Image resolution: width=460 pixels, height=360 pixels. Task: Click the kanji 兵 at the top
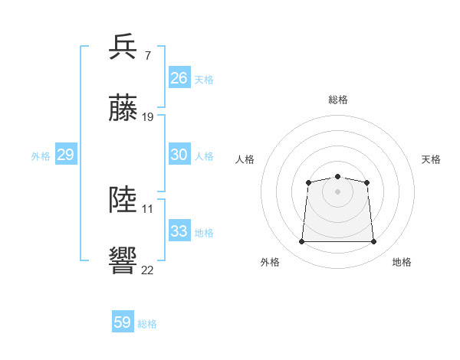(x=123, y=47)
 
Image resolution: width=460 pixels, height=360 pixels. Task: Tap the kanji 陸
(x=123, y=199)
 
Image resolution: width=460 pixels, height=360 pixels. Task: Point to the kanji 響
(x=123, y=260)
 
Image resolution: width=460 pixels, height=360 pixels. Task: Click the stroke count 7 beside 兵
(x=147, y=56)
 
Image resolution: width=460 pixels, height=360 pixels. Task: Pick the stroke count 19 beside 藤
(x=148, y=116)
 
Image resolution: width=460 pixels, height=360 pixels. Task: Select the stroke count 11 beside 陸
(x=148, y=208)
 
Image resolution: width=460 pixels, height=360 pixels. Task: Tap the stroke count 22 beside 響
(x=148, y=270)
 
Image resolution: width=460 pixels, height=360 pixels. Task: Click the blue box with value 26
(x=179, y=78)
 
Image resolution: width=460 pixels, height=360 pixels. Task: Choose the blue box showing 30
(x=179, y=155)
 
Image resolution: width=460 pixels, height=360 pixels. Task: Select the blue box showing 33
(x=179, y=231)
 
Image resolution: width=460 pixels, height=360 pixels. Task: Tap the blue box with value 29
(x=65, y=155)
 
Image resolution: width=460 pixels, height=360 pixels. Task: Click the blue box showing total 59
(x=123, y=322)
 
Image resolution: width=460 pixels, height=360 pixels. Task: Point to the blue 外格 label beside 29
(x=41, y=156)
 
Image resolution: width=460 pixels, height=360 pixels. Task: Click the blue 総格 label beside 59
(x=147, y=324)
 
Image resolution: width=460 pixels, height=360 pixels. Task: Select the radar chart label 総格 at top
(x=337, y=100)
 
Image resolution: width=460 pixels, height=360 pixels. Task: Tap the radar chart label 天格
(x=431, y=159)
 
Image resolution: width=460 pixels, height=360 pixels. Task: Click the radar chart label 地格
(x=402, y=262)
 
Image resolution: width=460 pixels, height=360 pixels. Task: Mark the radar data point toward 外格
(x=301, y=242)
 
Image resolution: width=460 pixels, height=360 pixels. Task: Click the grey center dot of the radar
(x=337, y=191)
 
